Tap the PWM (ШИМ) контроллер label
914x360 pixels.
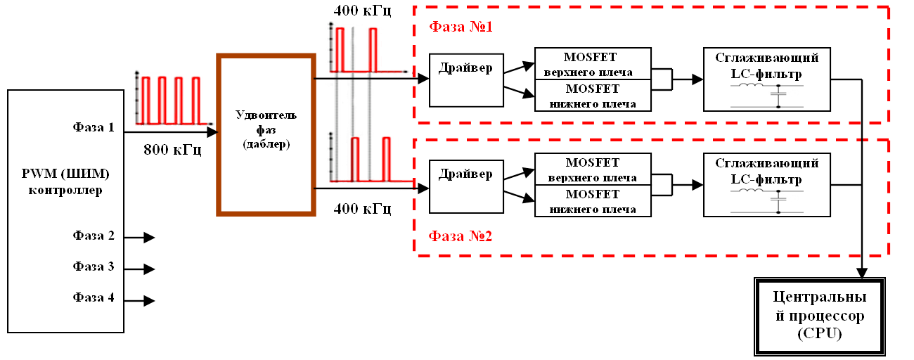click(x=67, y=181)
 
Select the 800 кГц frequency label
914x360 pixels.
click(x=172, y=149)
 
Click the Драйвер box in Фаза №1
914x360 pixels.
click(x=465, y=80)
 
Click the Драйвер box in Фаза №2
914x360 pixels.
click(x=465, y=186)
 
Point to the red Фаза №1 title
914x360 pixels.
click(x=461, y=28)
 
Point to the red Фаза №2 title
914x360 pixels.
click(x=461, y=236)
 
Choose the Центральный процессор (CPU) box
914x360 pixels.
click(x=819, y=316)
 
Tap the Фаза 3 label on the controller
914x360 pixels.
click(x=94, y=266)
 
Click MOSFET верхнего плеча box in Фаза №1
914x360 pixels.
click(x=593, y=63)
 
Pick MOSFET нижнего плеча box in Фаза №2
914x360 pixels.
click(x=593, y=201)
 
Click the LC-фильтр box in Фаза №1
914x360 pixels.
click(x=766, y=79)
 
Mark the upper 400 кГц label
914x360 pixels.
click(x=363, y=11)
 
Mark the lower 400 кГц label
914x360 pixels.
click(x=363, y=209)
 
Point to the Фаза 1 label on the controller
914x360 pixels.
click(x=94, y=128)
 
